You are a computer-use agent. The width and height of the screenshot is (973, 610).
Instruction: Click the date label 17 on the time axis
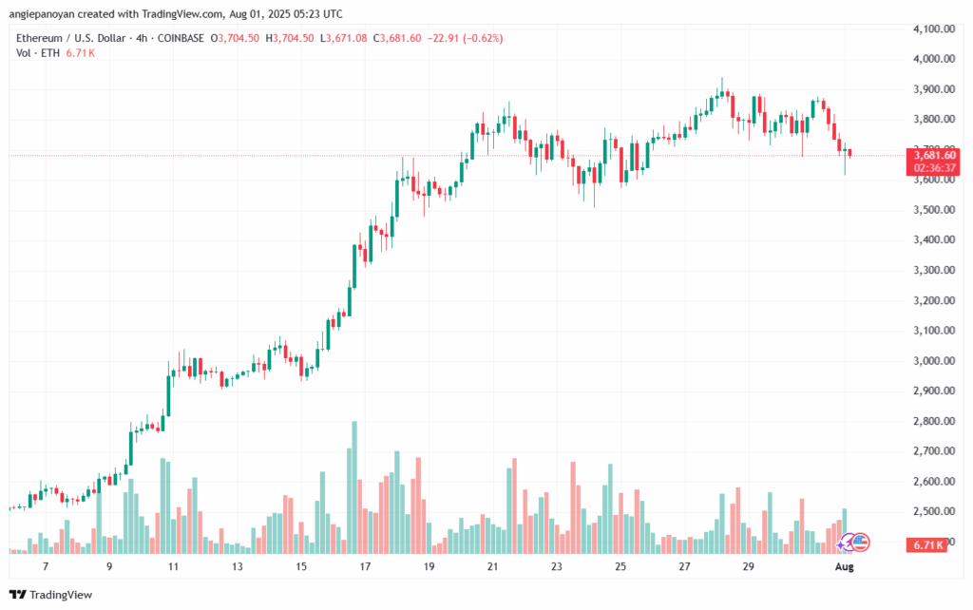coord(365,566)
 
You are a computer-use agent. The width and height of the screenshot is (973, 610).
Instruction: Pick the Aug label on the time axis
coord(844,566)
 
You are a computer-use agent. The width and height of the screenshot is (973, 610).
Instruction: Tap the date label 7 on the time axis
coord(46,566)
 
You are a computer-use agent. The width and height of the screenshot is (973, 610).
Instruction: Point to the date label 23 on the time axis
coord(557,566)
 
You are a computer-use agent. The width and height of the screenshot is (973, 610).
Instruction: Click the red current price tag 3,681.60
coord(935,155)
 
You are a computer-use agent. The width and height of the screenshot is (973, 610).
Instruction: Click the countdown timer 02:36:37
coord(935,167)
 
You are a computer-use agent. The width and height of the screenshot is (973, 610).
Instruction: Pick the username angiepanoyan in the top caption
coord(48,14)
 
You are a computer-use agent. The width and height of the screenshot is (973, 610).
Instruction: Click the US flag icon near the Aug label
coord(860,543)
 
